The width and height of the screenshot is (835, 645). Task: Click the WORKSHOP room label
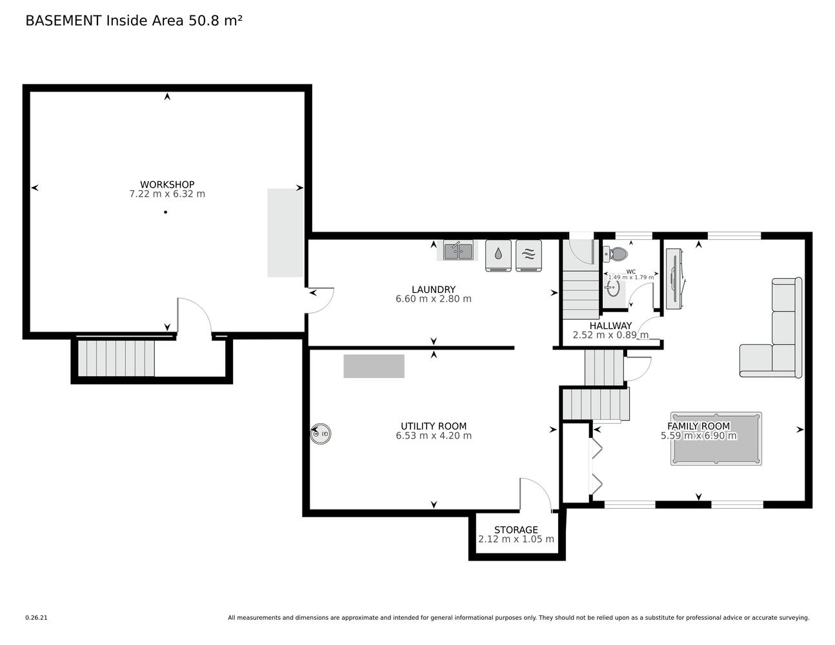pos(167,184)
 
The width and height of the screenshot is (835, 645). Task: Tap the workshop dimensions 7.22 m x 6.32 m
pos(167,194)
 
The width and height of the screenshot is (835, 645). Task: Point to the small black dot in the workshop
pos(166,212)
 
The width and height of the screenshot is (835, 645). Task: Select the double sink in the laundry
pos(458,251)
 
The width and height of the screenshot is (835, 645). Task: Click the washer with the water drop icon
pos(498,255)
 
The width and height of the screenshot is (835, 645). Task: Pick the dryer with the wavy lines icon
pos(528,255)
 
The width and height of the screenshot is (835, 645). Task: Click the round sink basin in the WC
pos(613,288)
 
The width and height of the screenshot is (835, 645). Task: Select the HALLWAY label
pos(610,326)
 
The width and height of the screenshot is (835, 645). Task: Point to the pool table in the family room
pos(716,439)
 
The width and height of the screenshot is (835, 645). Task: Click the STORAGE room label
pos(516,530)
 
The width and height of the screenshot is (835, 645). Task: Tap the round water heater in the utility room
pos(321,434)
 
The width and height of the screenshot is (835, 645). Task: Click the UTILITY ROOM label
pos(434,426)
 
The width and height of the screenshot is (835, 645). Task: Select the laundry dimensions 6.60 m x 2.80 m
pos(434,299)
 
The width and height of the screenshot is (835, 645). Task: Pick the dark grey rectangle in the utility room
pos(374,366)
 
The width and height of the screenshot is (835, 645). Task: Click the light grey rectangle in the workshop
pos(285,233)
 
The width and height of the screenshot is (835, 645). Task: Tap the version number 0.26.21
pos(36,618)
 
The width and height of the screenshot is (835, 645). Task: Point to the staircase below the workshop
pos(116,358)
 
